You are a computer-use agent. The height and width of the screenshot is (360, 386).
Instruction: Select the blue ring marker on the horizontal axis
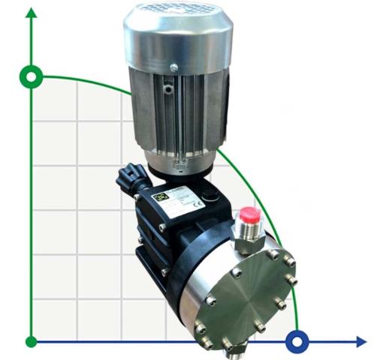tap(297, 341)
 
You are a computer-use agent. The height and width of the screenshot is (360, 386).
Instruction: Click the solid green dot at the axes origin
tap(31, 342)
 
